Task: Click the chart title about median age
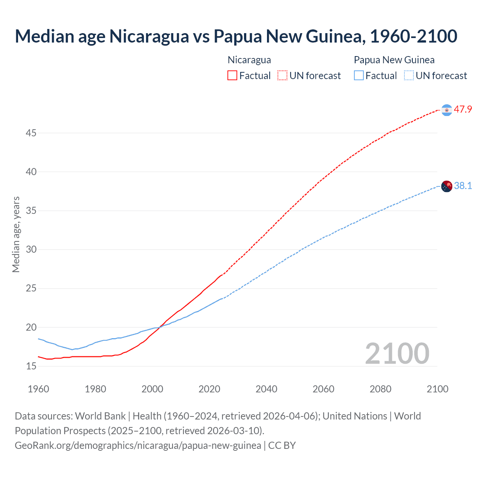click(236, 36)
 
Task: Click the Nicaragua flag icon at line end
click(447, 110)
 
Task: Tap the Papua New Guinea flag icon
click(447, 186)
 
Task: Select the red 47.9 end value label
click(463, 110)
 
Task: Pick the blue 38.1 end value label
click(463, 186)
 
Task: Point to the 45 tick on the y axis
click(31, 133)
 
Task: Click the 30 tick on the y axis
click(31, 250)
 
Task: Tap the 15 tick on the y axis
click(31, 366)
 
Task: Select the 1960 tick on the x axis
click(38, 389)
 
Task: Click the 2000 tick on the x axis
click(153, 389)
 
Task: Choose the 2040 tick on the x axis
click(266, 389)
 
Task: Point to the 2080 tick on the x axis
click(380, 389)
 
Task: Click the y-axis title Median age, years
click(16, 234)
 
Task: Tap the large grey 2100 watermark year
click(397, 353)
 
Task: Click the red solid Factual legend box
click(232, 76)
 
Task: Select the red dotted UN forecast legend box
click(282, 76)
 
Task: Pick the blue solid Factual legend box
click(358, 76)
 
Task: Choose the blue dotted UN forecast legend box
click(409, 76)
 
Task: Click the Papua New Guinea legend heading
click(394, 60)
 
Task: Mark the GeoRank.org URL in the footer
click(138, 445)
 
